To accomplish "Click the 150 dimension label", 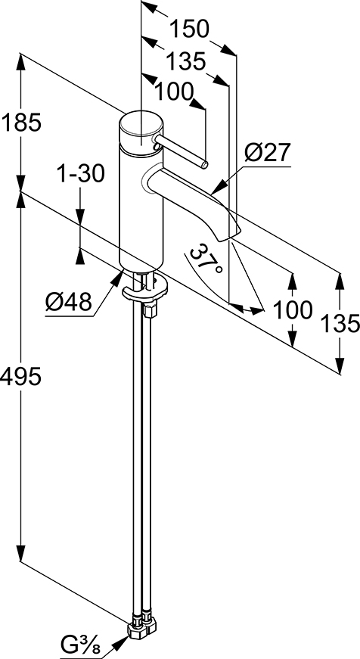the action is coord(188,30).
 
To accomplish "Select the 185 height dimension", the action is coord(21,123).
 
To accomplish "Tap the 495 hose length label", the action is coord(20,376).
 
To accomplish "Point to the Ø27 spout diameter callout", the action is coord(268,153).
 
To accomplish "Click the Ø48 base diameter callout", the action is coord(69,302).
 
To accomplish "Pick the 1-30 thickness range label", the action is coord(79,173).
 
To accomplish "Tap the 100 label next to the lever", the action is coord(174,92).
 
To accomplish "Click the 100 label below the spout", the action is coord(293,310).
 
